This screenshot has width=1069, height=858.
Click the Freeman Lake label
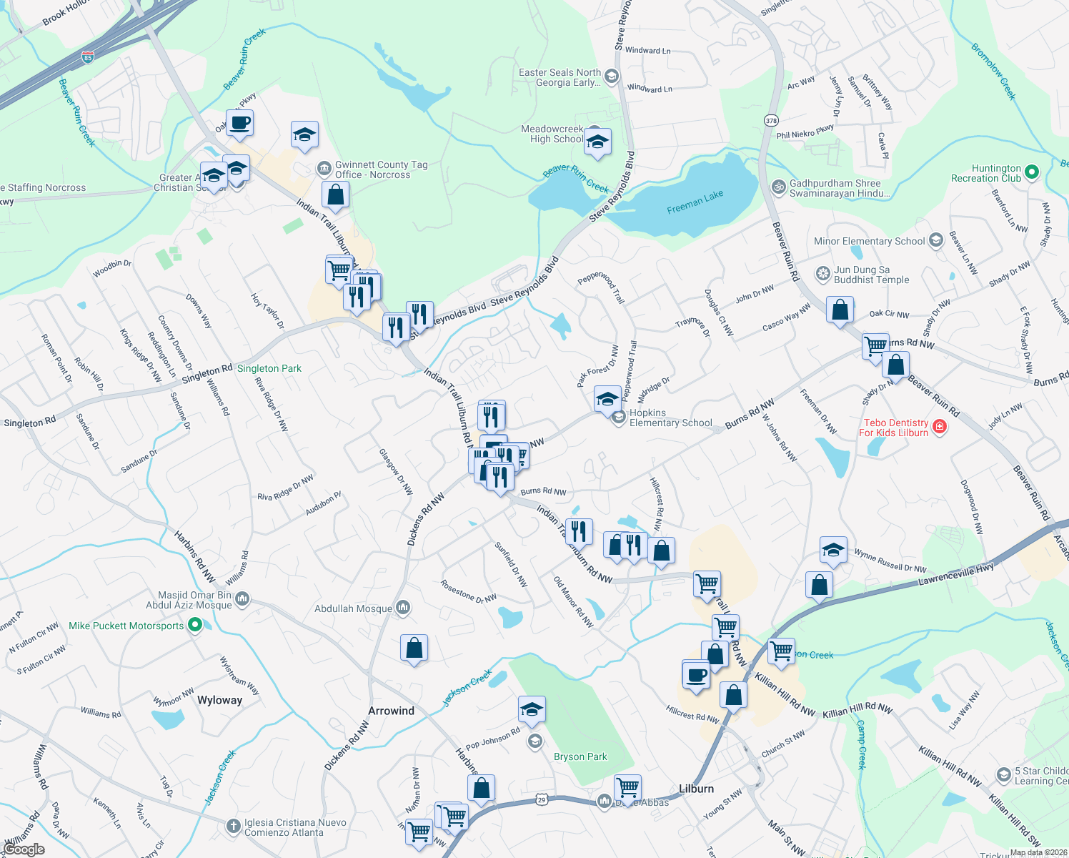pos(695,202)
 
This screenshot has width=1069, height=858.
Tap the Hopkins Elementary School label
pos(670,418)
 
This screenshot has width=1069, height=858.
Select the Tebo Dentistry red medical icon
pos(940,427)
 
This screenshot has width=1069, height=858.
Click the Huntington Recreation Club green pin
pos(1031,172)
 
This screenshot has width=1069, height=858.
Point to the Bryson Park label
pos(580,756)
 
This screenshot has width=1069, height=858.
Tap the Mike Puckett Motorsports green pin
pos(194,626)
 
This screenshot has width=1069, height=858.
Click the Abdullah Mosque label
pos(353,608)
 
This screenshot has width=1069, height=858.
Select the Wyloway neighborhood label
pos(219,700)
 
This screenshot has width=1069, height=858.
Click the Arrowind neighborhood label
pos(391,711)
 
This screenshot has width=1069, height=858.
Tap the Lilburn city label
pos(696,789)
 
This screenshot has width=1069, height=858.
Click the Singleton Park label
pos(269,368)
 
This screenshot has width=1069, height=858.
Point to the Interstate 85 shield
pos(87,56)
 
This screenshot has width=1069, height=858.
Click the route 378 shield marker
pos(770,120)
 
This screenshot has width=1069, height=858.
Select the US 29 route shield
pos(542,800)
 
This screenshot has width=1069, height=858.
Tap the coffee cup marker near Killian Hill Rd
pos(696,674)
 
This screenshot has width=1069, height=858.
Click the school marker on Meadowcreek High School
pos(597,142)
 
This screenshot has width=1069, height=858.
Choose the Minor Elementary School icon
pos(935,241)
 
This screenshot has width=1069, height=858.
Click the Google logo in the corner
pos(24,849)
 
